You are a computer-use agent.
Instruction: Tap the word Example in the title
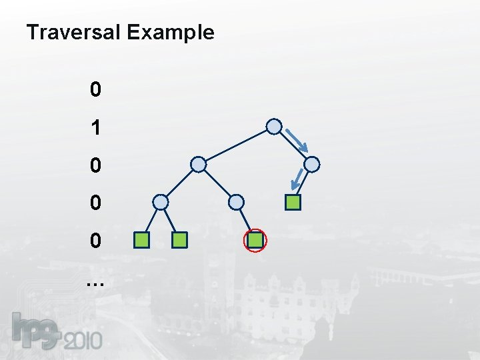point(170,33)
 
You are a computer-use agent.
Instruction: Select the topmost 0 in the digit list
point(96,89)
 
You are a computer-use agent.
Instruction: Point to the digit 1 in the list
point(96,127)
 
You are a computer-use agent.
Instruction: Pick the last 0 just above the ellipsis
point(96,240)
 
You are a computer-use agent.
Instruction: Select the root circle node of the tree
point(274,126)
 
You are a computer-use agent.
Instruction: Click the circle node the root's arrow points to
point(312,163)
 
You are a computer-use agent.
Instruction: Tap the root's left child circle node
point(198,163)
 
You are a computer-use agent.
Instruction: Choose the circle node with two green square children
point(161,201)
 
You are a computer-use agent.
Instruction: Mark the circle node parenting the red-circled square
point(236,201)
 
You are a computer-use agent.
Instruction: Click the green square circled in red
point(255,239)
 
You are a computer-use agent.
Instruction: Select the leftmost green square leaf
point(141,239)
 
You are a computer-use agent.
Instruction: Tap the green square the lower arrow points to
point(293,201)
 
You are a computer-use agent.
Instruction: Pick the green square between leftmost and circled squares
point(179,239)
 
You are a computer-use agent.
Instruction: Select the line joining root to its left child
point(236,145)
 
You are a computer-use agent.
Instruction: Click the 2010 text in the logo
point(84,341)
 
